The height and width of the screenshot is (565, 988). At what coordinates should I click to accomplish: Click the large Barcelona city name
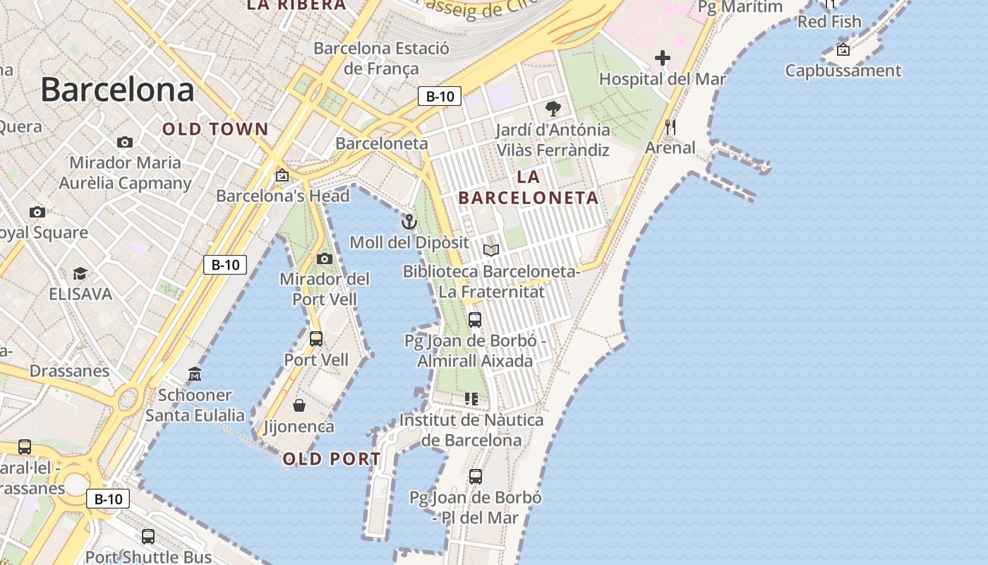[117, 90]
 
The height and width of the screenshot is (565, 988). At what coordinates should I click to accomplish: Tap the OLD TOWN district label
[215, 129]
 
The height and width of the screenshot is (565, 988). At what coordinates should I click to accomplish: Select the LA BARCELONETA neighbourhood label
[529, 187]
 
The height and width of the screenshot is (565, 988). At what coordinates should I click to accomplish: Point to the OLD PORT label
[332, 459]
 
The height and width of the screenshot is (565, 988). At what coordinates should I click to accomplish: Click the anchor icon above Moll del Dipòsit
[409, 222]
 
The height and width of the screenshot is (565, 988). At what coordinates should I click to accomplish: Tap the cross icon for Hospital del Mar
[662, 58]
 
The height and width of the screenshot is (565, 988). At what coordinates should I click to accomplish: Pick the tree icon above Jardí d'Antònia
[553, 109]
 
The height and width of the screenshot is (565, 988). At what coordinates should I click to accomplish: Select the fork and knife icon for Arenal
[670, 127]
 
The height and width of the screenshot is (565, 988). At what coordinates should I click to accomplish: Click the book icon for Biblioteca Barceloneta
[491, 250]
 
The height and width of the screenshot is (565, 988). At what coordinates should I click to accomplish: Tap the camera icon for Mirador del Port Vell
[325, 259]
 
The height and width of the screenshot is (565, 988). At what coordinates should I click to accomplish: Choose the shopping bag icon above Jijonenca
[299, 405]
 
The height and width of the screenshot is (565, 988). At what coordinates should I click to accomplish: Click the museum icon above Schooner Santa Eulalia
[195, 374]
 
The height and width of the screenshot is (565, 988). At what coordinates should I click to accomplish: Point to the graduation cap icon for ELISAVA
[80, 273]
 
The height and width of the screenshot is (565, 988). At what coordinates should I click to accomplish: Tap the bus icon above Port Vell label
[316, 339]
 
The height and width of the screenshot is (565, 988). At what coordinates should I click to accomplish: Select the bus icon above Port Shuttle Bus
[148, 536]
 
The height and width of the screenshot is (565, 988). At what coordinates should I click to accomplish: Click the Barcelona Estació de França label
[381, 59]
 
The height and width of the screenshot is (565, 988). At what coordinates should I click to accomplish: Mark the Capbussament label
[843, 71]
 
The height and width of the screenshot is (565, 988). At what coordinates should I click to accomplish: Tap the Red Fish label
[829, 22]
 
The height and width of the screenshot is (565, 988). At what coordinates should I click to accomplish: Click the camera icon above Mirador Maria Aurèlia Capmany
[125, 143]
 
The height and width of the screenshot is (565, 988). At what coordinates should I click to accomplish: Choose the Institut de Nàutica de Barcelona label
[471, 430]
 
